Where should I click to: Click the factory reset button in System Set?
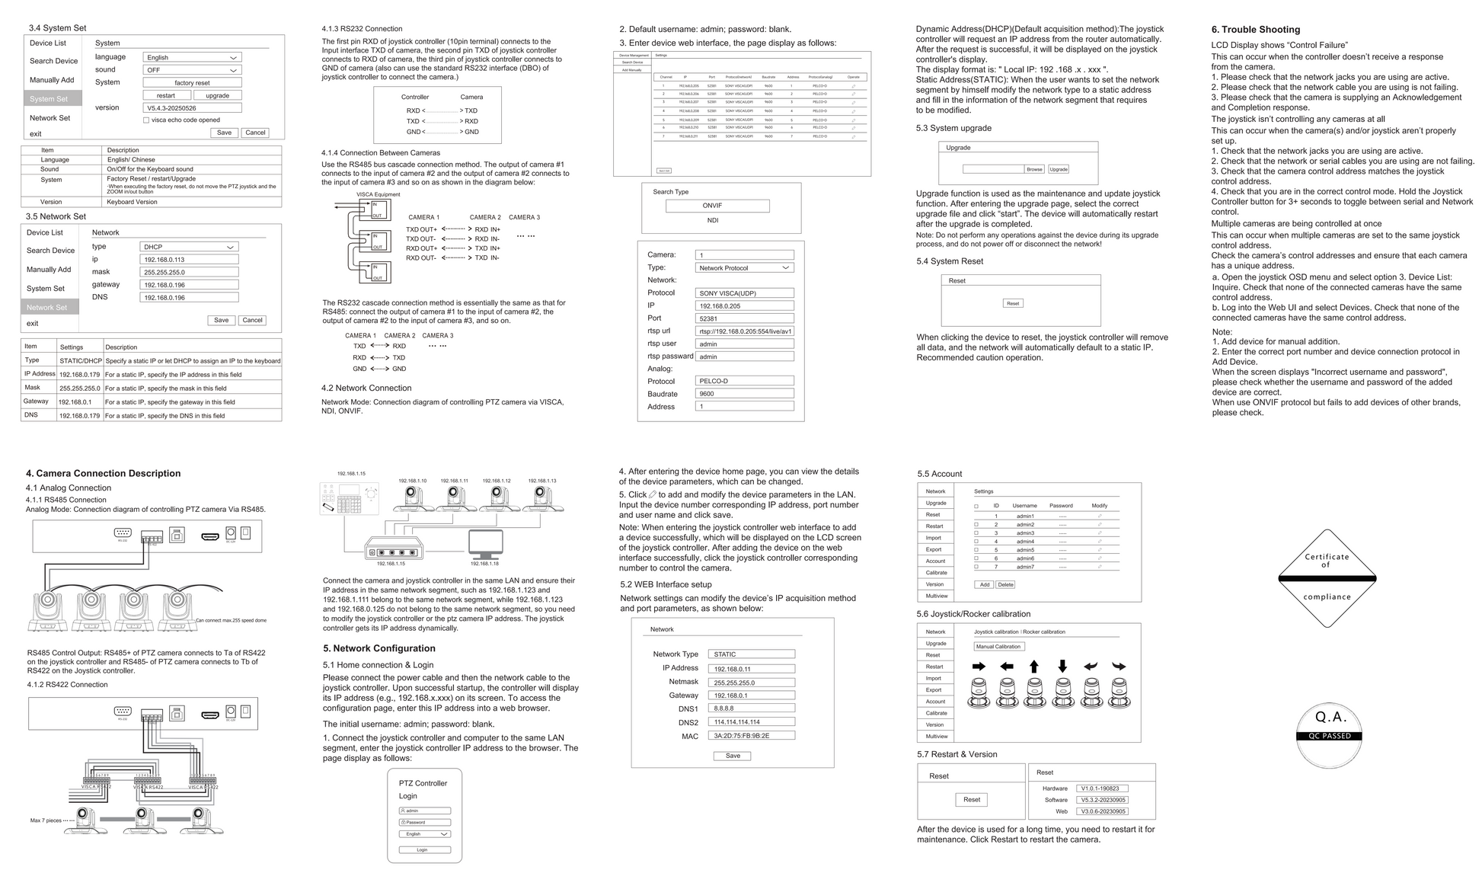pos(192,83)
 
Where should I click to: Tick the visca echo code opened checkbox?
pos(146,120)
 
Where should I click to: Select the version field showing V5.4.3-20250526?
pos(192,108)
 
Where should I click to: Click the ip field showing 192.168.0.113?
pos(189,260)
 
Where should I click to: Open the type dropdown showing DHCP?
pos(189,247)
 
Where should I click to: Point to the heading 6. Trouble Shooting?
pos(1256,30)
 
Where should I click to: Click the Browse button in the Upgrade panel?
pos(1034,169)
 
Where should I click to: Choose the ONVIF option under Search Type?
pos(717,206)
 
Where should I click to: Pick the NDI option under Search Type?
pos(713,221)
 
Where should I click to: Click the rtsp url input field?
pos(744,331)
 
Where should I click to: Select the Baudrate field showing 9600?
pos(744,394)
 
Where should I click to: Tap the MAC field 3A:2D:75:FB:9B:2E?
pos(751,736)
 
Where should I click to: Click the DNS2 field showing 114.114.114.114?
pos(751,722)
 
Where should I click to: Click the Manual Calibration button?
pos(998,647)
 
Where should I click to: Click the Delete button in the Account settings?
pos(1005,585)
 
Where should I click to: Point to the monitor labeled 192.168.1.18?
pos(485,545)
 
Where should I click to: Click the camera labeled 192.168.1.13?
pos(542,498)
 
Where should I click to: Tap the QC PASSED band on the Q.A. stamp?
pos(1329,736)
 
